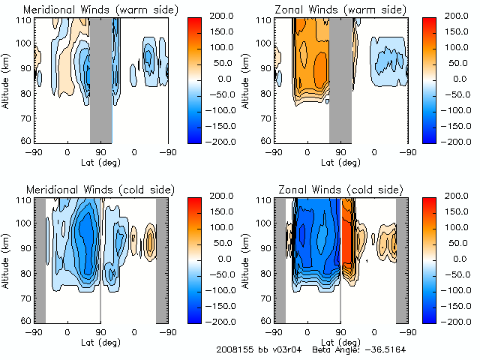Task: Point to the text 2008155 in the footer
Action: [x=235, y=350]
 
